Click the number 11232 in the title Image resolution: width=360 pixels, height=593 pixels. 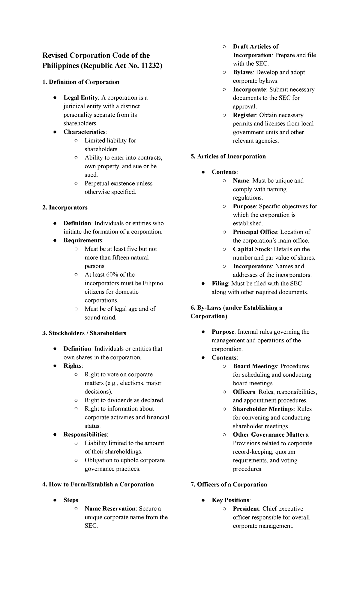[150, 65]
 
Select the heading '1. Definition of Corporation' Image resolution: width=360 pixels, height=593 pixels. [81, 82]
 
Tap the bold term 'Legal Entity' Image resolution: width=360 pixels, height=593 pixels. [80, 98]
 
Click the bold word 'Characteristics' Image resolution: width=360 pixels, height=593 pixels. [84, 132]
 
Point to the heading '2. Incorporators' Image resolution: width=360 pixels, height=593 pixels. [65, 207]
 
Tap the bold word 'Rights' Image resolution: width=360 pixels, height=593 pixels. [72, 366]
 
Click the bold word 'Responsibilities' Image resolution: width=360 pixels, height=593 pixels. [85, 434]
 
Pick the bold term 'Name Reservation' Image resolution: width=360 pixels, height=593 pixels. [110, 508]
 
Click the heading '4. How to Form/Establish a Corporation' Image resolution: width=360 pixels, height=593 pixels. [98, 484]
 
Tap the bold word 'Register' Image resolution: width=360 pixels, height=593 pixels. [244, 115]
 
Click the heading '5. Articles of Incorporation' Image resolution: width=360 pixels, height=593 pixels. [228, 156]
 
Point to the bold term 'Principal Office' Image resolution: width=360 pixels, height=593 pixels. [255, 232]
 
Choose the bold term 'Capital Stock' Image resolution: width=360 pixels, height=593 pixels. [251, 249]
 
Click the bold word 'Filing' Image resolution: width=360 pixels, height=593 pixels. [220, 283]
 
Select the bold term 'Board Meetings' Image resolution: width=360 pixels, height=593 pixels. [255, 366]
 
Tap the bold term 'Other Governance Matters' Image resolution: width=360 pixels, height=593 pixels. [270, 434]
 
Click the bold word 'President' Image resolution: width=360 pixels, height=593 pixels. [246, 508]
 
